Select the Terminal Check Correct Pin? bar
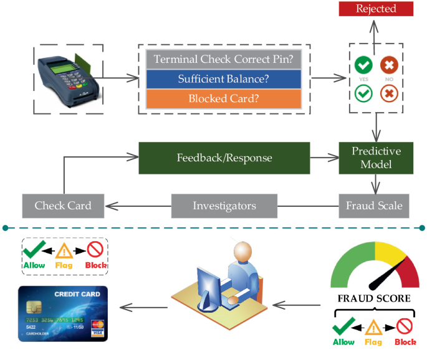click(224, 60)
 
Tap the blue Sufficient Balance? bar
click(224, 79)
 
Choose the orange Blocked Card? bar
click(224, 98)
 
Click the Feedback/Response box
click(224, 158)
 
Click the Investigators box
click(224, 205)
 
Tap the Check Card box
click(62, 205)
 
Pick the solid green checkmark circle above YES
click(363, 65)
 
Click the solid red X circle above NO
click(390, 65)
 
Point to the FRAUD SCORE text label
click(374, 298)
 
